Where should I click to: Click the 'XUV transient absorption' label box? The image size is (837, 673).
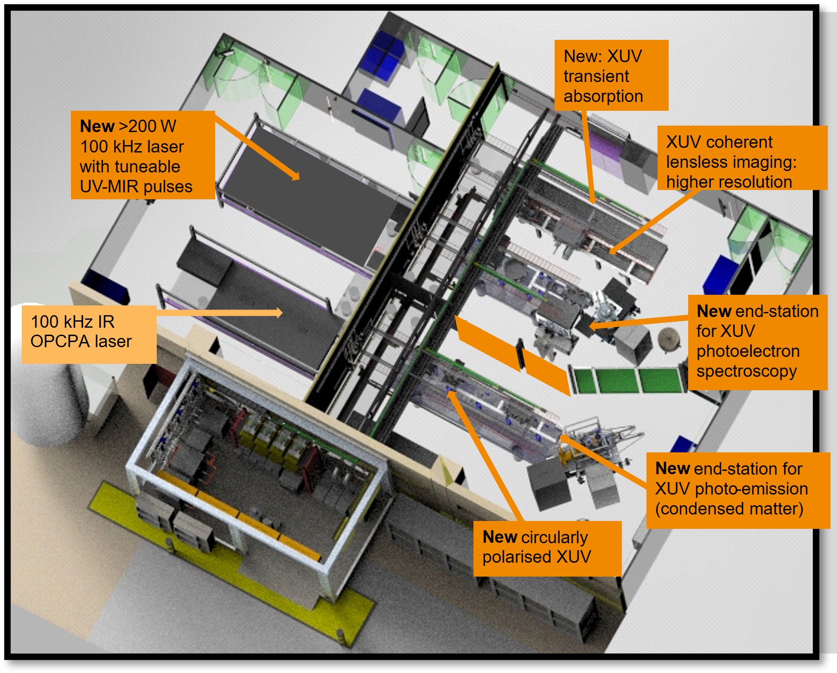pyautogui.click(x=611, y=76)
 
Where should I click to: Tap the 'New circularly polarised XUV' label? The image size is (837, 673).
pyautogui.click(x=547, y=548)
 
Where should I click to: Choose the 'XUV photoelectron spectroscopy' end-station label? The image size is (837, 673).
pyautogui.click(x=757, y=342)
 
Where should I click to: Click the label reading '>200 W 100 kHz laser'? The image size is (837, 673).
pyautogui.click(x=142, y=155)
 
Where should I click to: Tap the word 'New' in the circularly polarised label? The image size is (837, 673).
pyautogui.click(x=500, y=537)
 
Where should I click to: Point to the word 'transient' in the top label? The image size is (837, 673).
pyautogui.click(x=596, y=76)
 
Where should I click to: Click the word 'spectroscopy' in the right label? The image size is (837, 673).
pyautogui.click(x=747, y=371)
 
